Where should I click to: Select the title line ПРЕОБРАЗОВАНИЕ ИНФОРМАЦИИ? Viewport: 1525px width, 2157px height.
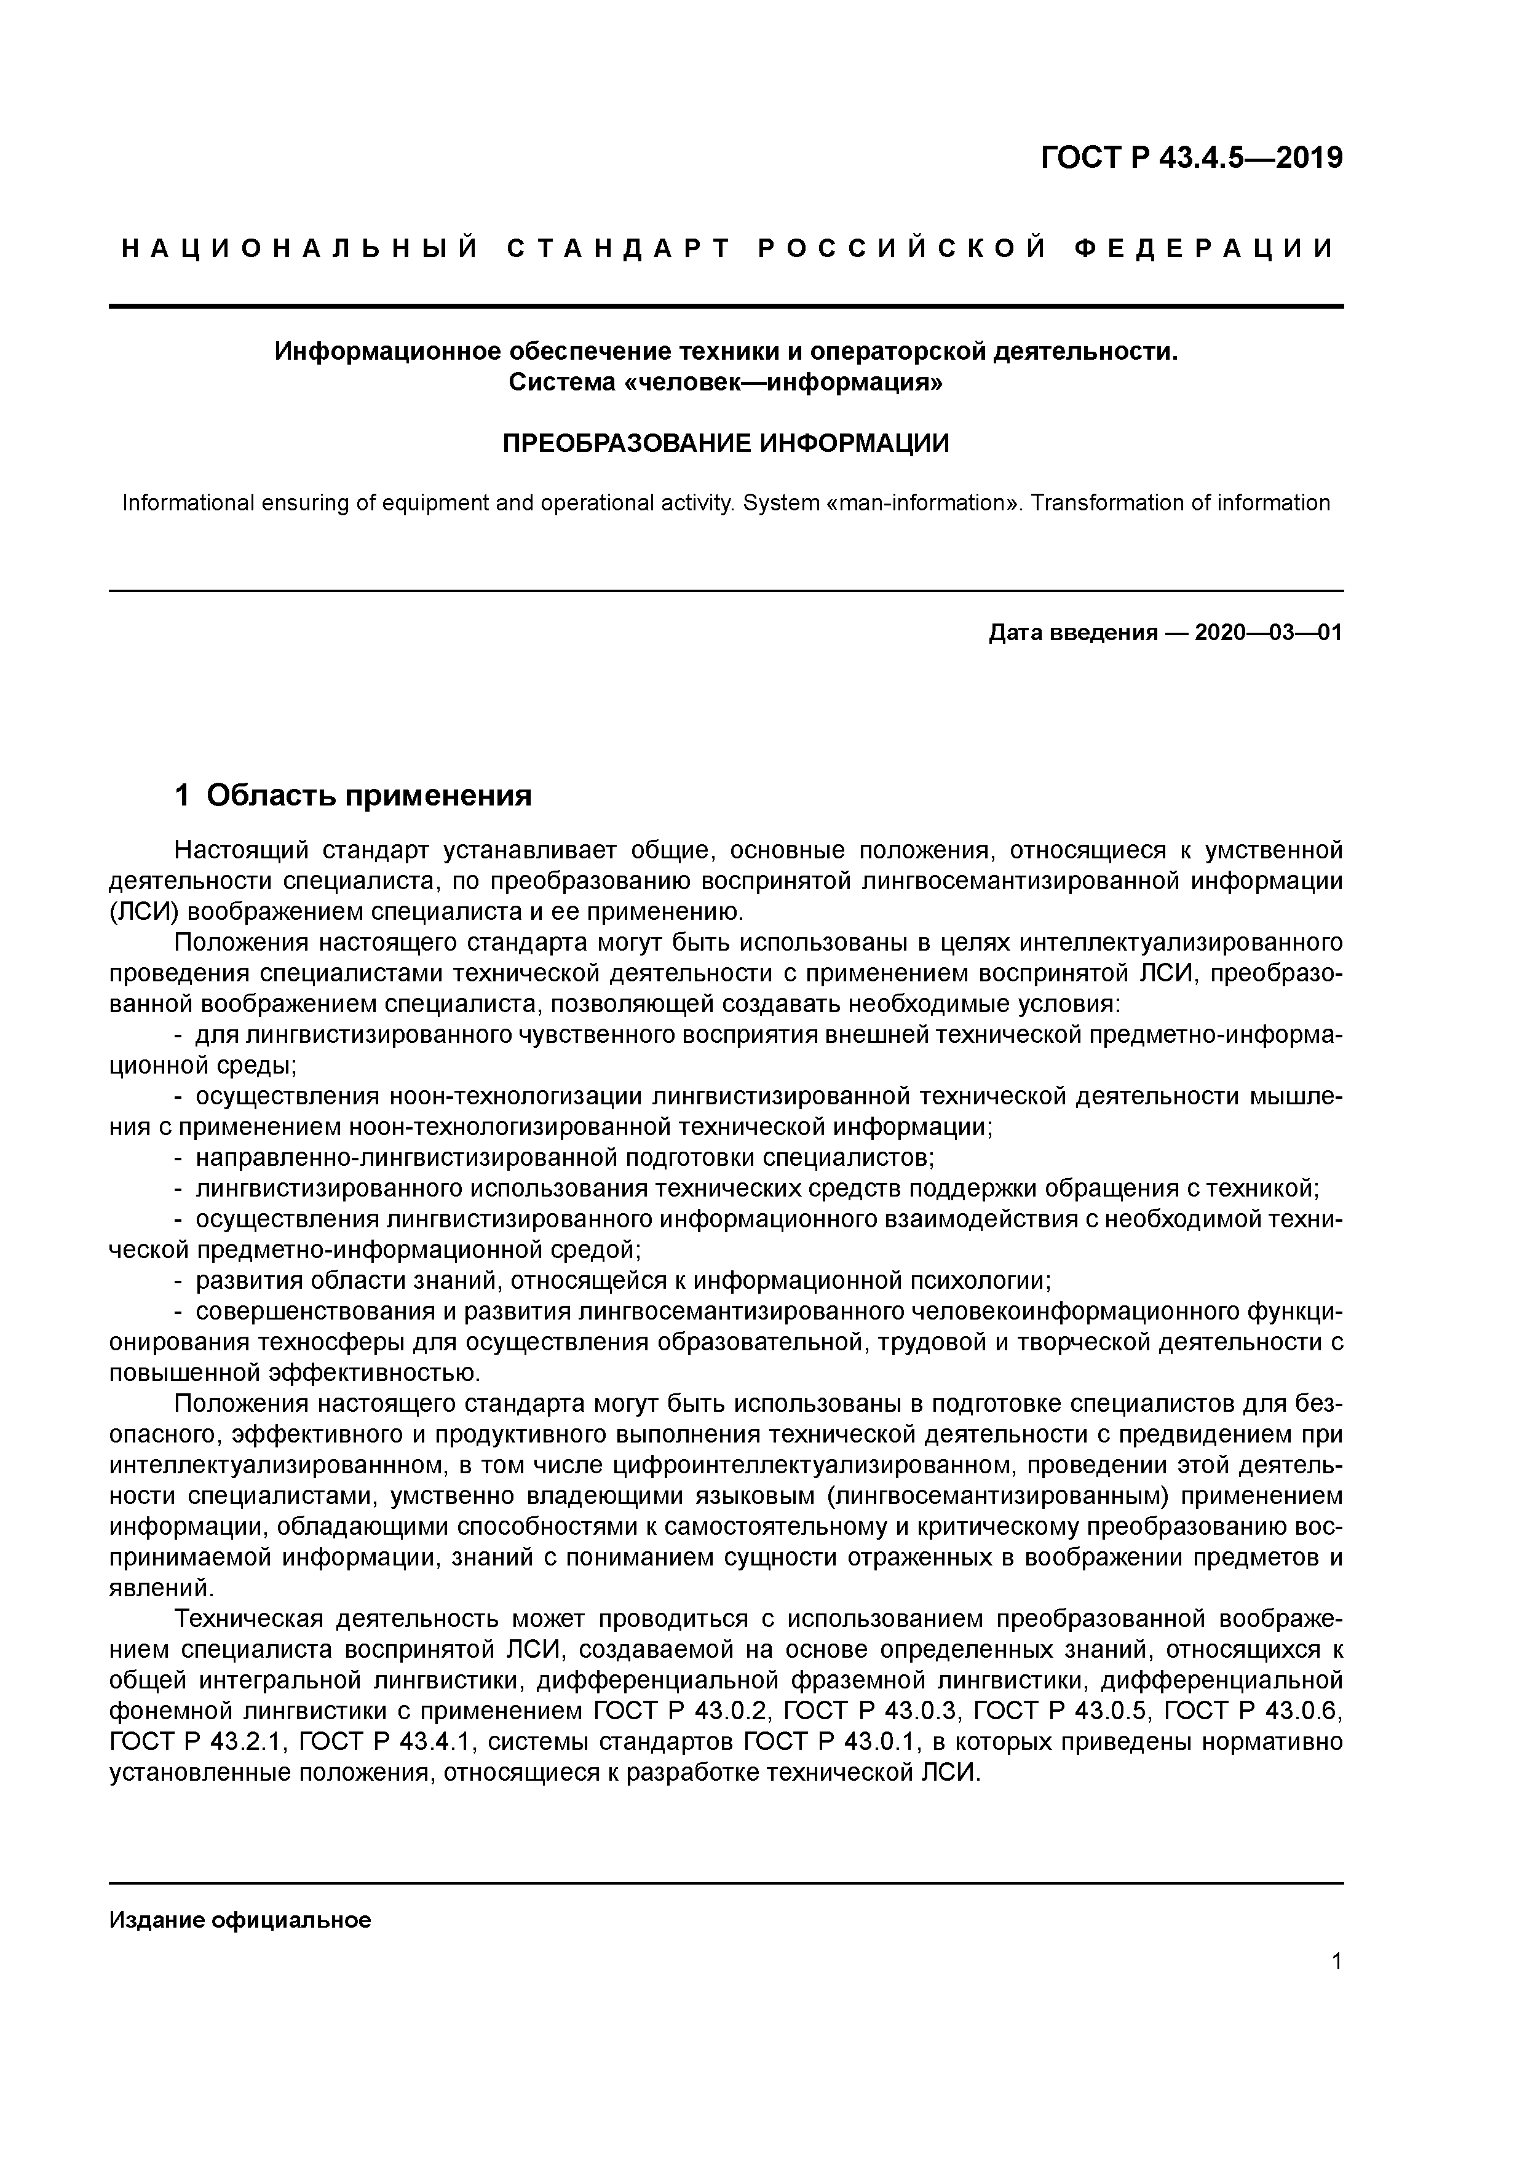tap(726, 443)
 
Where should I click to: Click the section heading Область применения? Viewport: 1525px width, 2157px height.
tap(368, 796)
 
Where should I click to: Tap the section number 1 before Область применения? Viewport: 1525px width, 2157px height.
tap(182, 796)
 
